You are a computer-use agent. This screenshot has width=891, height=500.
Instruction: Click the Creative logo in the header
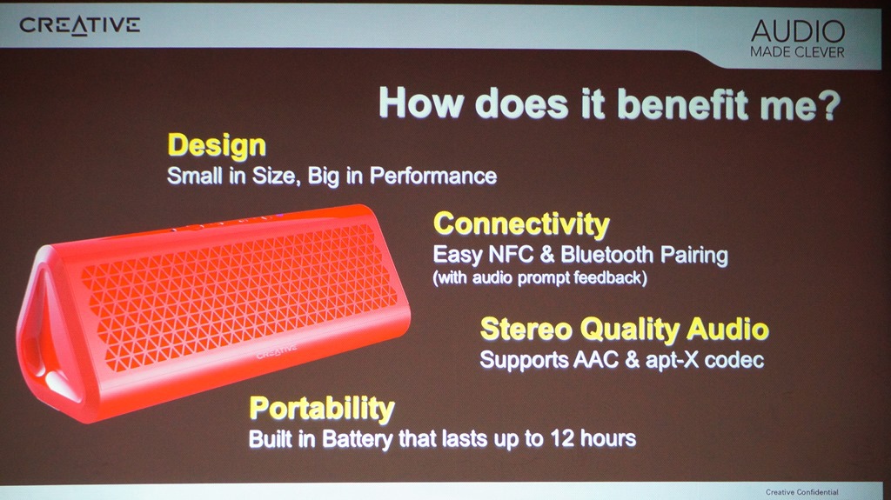79,25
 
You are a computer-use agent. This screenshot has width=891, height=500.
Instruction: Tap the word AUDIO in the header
798,32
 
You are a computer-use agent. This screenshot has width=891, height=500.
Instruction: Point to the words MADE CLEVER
797,52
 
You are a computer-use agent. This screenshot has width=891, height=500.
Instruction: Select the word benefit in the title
680,103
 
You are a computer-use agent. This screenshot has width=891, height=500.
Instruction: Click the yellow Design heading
217,146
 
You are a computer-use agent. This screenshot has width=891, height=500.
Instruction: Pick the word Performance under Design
433,177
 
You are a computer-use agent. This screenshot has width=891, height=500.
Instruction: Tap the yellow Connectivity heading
521,223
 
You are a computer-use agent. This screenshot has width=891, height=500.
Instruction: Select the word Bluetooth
606,255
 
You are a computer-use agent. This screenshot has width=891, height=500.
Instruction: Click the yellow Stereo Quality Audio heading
625,329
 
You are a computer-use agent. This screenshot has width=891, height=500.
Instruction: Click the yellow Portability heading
322,409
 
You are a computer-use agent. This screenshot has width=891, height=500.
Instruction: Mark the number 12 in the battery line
563,438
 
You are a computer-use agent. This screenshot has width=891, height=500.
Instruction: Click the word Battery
358,439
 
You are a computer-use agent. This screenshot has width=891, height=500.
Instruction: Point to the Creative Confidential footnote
801,492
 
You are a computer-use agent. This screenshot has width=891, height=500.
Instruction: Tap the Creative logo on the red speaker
277,351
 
